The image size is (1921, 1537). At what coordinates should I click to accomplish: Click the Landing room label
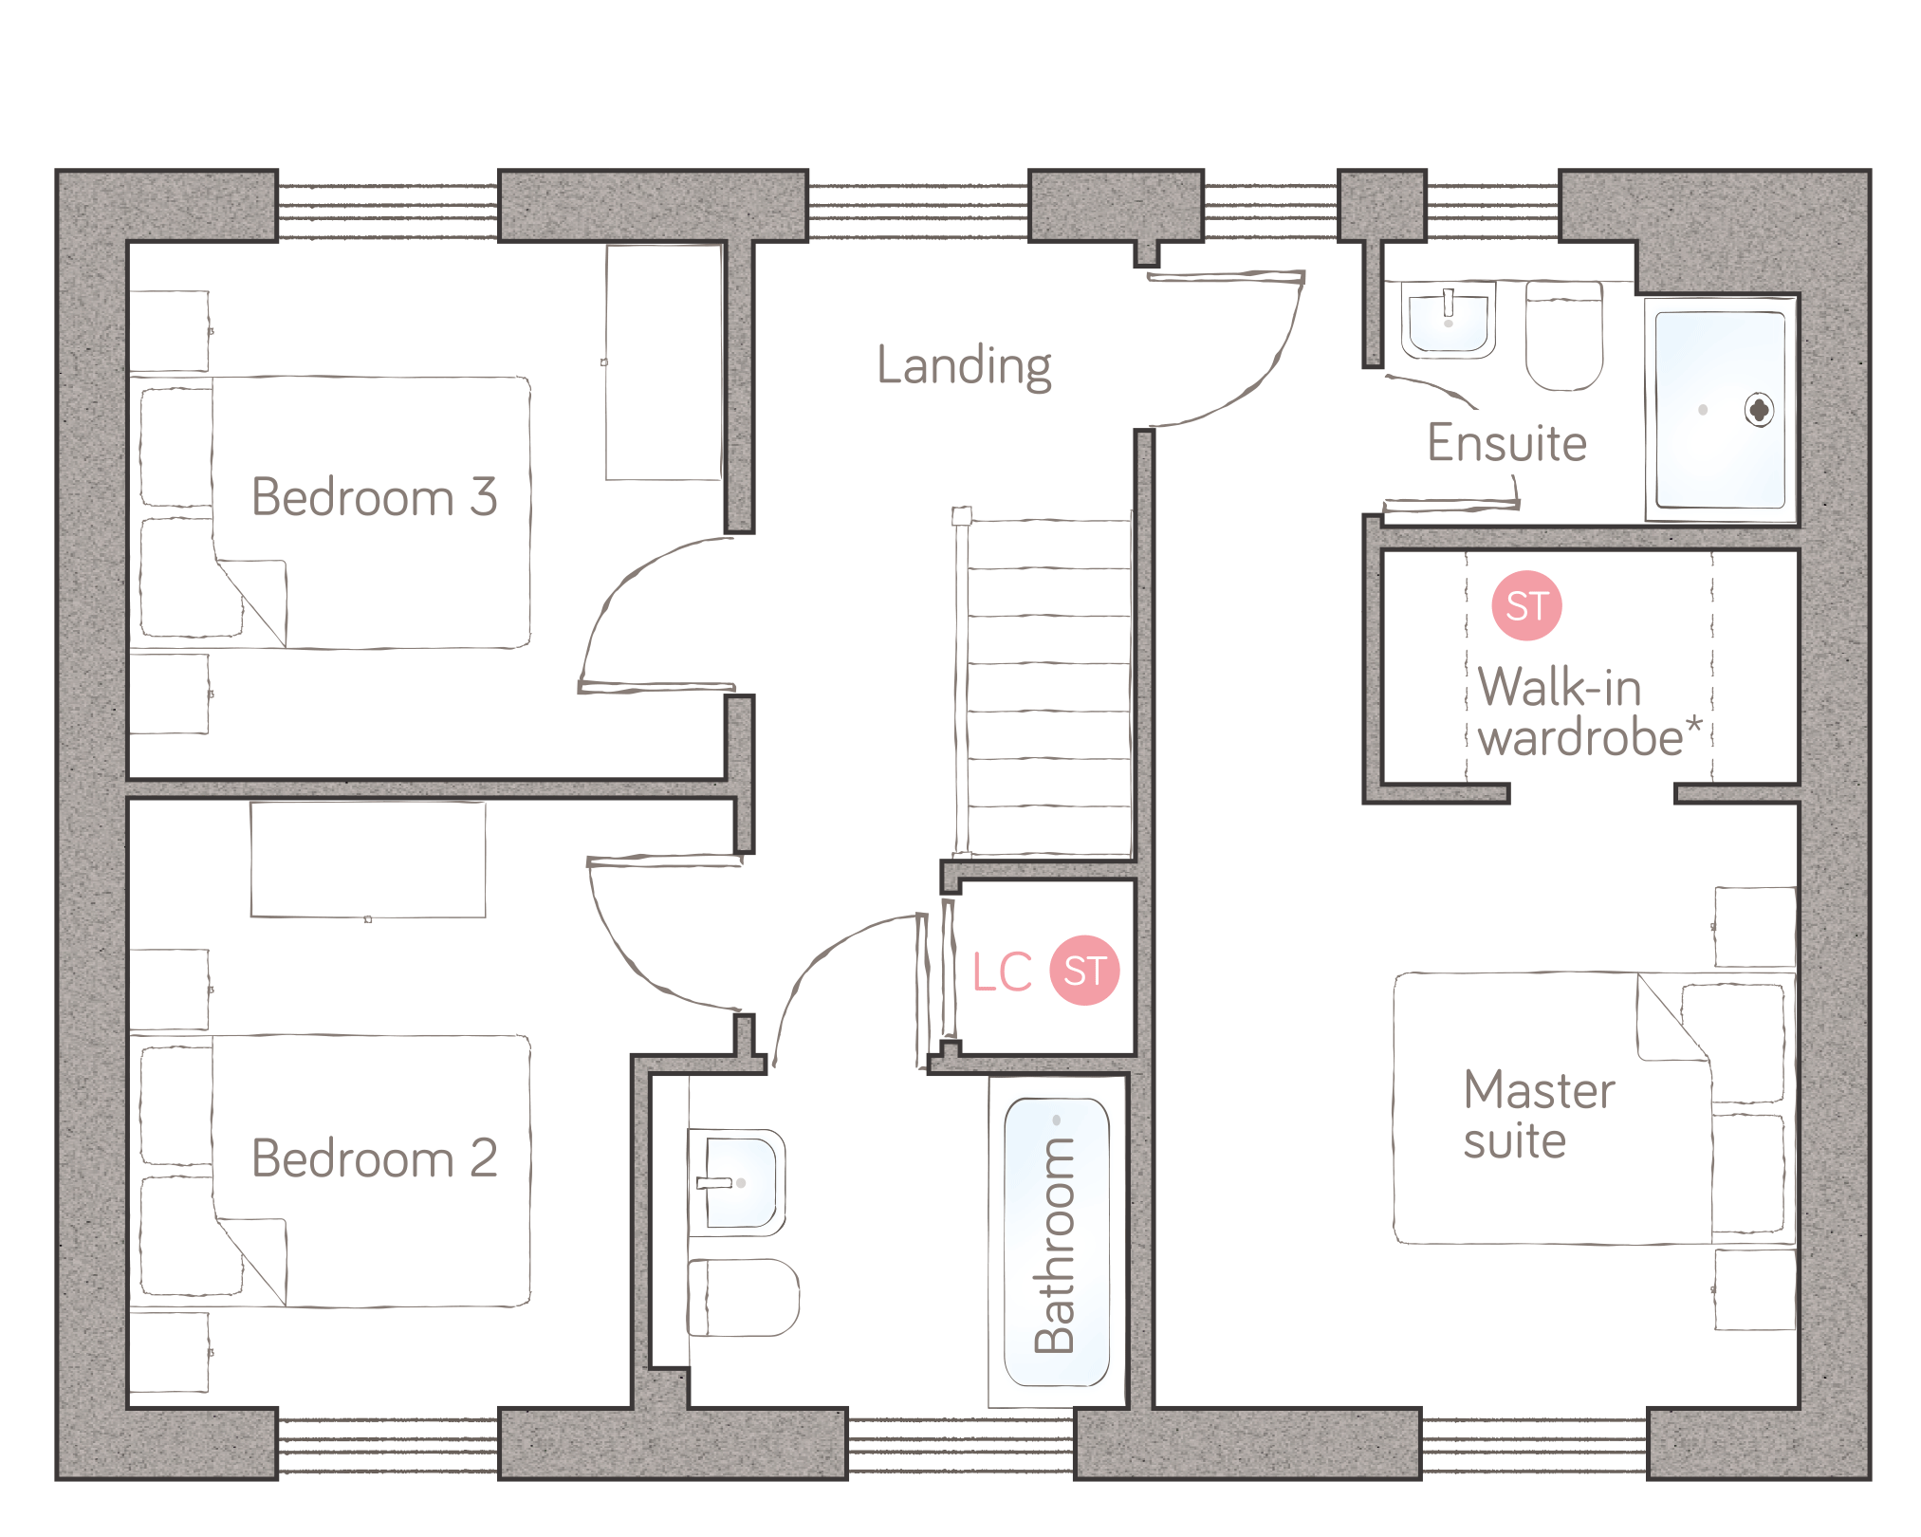click(x=964, y=366)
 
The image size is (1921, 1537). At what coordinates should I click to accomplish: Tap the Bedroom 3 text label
click(x=375, y=496)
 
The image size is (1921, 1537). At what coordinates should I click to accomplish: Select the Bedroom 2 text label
click(x=375, y=1157)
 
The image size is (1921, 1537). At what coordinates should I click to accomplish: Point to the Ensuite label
click(x=1506, y=442)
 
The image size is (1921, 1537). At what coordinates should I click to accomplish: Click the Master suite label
click(x=1539, y=1115)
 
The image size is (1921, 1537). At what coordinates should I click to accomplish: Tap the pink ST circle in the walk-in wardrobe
click(x=1526, y=605)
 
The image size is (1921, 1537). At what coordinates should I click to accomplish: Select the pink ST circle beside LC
click(x=1084, y=970)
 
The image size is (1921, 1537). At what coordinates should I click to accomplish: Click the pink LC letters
click(x=1003, y=972)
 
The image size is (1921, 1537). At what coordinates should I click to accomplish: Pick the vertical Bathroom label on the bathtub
click(x=1055, y=1244)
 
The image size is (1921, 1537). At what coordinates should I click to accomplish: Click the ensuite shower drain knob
click(x=1759, y=410)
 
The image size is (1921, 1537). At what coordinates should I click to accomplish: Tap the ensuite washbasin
click(x=1449, y=320)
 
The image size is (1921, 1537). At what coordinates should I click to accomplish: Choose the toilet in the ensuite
click(x=1564, y=335)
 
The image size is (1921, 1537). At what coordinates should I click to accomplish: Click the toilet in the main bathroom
click(x=743, y=1297)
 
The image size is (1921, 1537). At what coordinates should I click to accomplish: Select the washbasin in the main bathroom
click(x=736, y=1182)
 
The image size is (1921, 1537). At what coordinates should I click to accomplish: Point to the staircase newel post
click(x=962, y=516)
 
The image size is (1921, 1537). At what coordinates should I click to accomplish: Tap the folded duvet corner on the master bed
click(x=1673, y=1017)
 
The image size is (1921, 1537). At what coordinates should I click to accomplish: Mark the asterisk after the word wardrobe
click(x=1693, y=728)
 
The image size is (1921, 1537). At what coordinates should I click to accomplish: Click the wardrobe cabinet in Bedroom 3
click(x=664, y=362)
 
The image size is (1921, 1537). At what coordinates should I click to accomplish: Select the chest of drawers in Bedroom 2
click(x=368, y=860)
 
